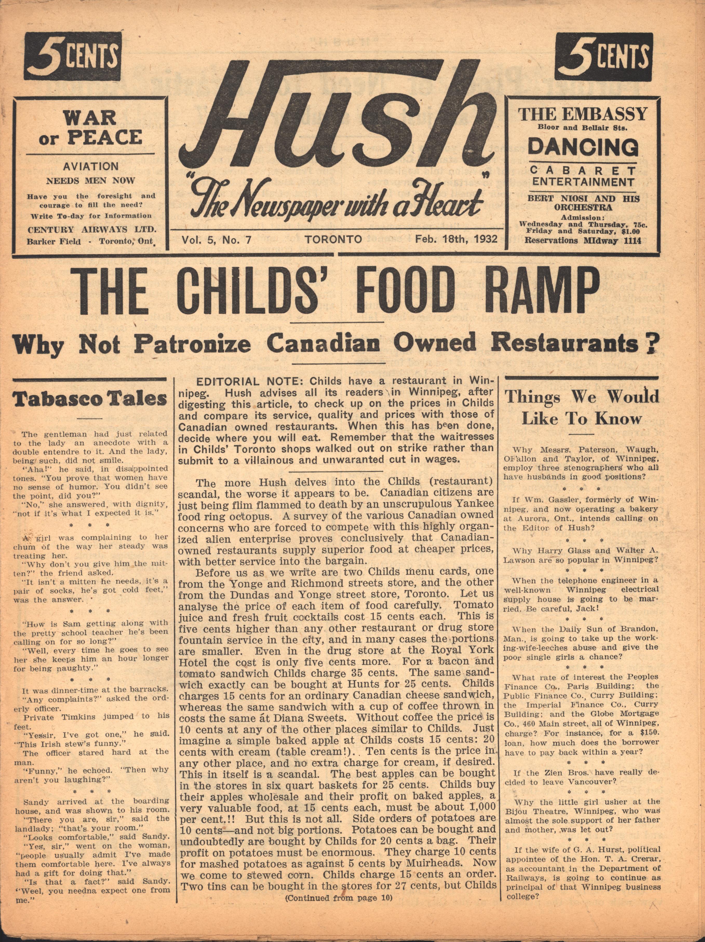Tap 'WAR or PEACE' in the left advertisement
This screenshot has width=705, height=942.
click(92, 128)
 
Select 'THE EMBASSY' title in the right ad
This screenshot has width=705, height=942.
click(582, 114)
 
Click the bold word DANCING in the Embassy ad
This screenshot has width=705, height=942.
click(583, 147)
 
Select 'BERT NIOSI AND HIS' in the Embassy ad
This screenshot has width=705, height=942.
click(583, 199)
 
